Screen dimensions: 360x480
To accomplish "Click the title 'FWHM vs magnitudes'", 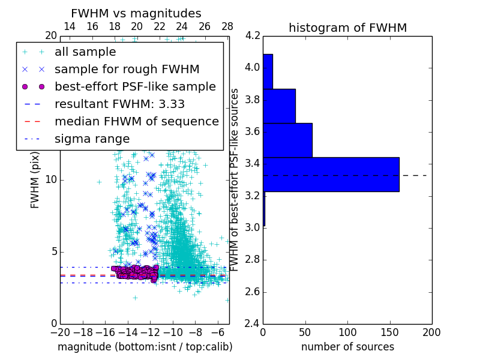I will [136, 14].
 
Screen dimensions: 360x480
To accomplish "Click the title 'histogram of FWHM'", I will [347, 28].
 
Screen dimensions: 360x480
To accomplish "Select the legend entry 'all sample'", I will [85, 52].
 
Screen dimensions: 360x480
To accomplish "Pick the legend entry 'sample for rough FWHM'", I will [127, 69].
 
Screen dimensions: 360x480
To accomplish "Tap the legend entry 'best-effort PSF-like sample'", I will [135, 86].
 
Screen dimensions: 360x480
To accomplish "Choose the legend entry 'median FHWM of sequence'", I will [136, 121].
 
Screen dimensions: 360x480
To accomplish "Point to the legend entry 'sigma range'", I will [92, 139].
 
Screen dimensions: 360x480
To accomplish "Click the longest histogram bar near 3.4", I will [331, 174].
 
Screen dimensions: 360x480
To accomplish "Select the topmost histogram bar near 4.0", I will [268, 71].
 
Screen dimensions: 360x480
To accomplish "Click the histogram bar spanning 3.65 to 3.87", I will [279, 106].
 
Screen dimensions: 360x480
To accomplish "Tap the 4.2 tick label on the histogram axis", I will [253, 35].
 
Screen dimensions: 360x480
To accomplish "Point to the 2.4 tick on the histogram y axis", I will [253, 324].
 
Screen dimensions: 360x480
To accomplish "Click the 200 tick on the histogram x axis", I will [431, 332].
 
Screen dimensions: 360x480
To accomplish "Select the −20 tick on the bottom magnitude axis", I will [60, 332].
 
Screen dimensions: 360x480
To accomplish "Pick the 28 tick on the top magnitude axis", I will [227, 26].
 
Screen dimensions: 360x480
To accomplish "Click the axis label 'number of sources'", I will [347, 347].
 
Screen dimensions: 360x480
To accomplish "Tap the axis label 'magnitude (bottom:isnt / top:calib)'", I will [145, 347].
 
